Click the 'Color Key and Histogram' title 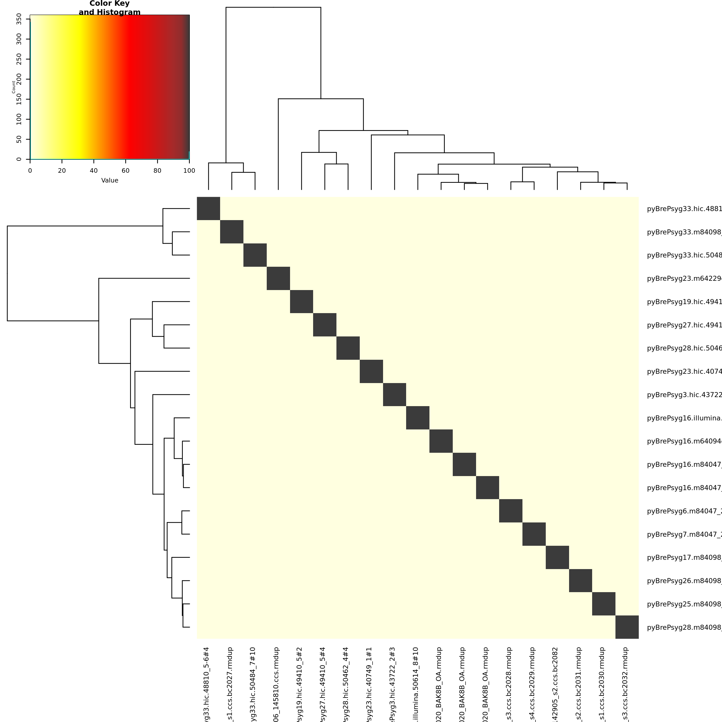(x=110, y=8)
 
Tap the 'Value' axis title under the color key (x=110, y=180)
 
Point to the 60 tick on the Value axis (x=126, y=171)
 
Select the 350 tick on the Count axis (x=19, y=19)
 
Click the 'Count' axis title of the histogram (x=14, y=87)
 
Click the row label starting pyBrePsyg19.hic (x=684, y=302)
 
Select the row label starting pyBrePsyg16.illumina (x=684, y=418)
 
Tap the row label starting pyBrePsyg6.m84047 (x=684, y=511)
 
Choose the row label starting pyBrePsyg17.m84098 (x=684, y=558)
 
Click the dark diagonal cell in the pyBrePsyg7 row (x=534, y=534)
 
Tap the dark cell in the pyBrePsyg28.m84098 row (x=627, y=627)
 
